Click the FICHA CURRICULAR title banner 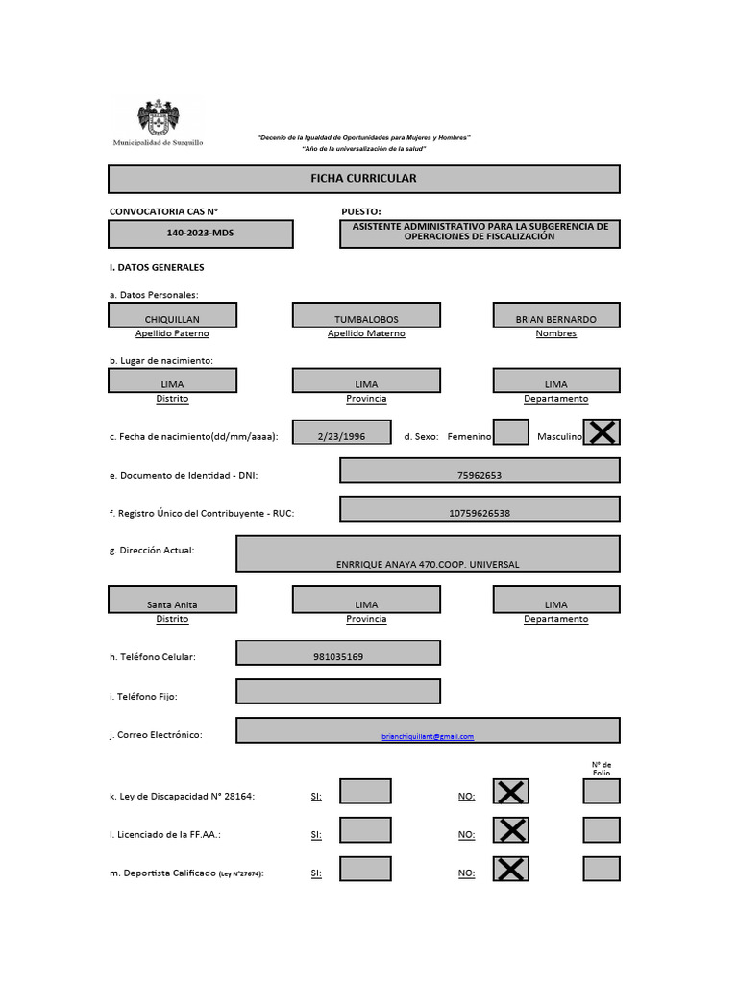[363, 179]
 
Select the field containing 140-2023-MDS [200, 234]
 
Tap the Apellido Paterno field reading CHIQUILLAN [172, 315]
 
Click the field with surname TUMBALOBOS [366, 315]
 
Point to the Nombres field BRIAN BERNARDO [555, 315]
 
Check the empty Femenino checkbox [510, 432]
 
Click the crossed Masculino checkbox [602, 432]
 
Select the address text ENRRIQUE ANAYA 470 [428, 563]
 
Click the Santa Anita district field [172, 601]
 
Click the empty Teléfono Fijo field [338, 692]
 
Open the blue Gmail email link [428, 736]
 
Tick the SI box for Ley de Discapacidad [365, 792]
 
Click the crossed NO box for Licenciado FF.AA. [511, 830]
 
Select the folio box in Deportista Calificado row [602, 869]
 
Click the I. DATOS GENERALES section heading [157, 267]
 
